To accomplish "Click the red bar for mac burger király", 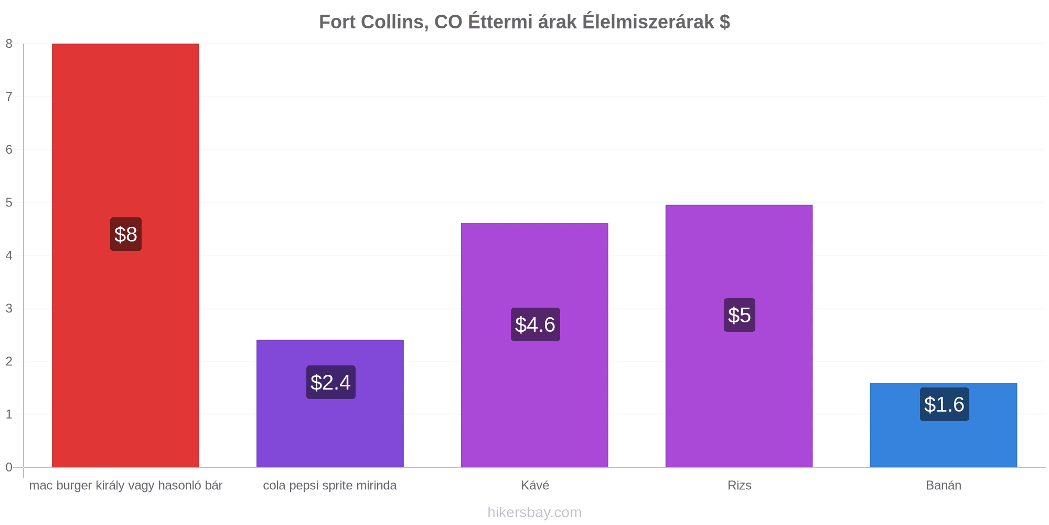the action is [x=125, y=255].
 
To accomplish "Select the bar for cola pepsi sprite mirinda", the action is [x=330, y=403].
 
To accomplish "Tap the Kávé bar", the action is [x=534, y=345].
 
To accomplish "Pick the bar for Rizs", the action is [x=739, y=336].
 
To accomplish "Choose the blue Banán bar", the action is [x=944, y=425].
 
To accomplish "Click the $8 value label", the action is [x=126, y=234].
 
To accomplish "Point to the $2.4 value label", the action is [x=330, y=382].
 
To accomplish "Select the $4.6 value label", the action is [x=535, y=324].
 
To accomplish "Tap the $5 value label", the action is [x=740, y=315].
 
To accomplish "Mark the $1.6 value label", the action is [x=944, y=404].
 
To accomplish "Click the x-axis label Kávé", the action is [x=535, y=485].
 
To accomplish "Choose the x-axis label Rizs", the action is [x=740, y=485].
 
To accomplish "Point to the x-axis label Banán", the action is [x=944, y=485].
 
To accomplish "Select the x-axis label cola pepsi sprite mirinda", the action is [x=330, y=486].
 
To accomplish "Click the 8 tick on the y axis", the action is [x=9, y=44].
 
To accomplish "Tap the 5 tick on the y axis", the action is [x=9, y=203].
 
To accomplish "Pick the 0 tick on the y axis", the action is [x=9, y=467].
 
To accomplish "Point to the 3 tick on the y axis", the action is [x=9, y=309].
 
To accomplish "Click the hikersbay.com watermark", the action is [x=534, y=512].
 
